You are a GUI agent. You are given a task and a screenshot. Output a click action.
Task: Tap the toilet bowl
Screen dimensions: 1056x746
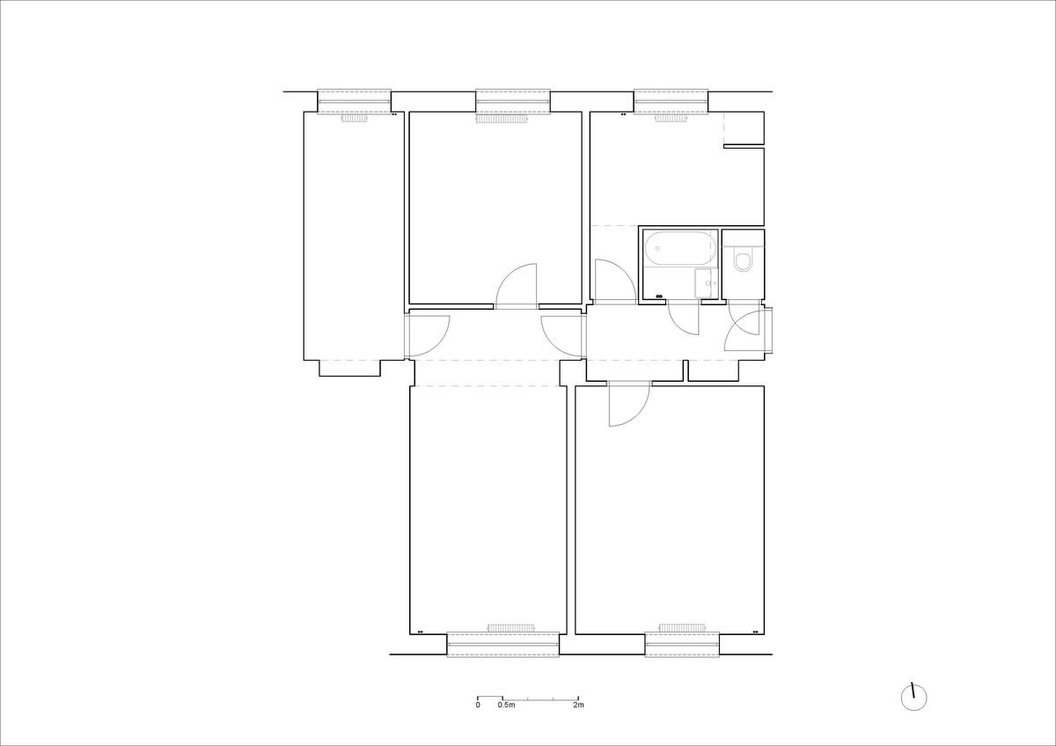(743, 261)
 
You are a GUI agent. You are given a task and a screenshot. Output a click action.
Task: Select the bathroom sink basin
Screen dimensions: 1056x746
(705, 283)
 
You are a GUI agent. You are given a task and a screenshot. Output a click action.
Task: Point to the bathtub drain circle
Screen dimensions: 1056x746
(657, 248)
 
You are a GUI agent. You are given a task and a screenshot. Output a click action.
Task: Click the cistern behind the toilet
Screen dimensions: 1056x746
(743, 246)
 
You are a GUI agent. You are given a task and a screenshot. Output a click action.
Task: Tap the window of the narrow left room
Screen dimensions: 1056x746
(354, 102)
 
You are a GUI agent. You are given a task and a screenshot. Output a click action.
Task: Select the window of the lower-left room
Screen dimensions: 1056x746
(503, 645)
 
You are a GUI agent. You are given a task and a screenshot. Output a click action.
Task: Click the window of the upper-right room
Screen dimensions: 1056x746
(671, 102)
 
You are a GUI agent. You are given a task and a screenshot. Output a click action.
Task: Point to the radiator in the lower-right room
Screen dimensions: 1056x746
(682, 627)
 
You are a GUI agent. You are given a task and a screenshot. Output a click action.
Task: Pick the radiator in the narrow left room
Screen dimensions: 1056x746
(355, 118)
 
